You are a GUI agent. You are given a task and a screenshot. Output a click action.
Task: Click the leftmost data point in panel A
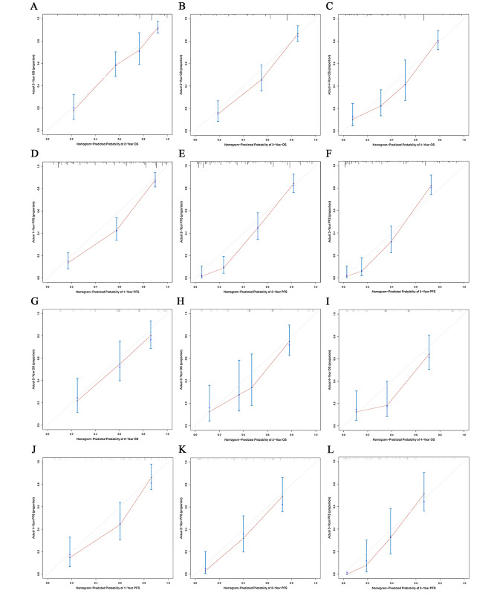[73, 108]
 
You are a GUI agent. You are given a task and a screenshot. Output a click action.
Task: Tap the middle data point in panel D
[116, 230]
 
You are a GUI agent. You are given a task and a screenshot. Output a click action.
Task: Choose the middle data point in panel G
[120, 364]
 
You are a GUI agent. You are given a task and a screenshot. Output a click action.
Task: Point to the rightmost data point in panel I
[429, 356]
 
